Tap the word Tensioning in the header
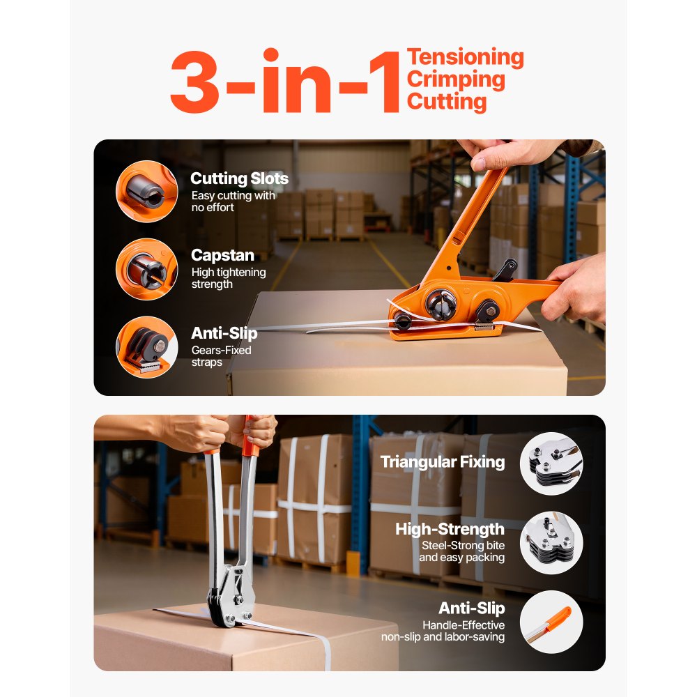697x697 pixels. (465, 57)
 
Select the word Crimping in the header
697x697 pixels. (456, 79)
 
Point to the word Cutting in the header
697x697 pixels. (447, 102)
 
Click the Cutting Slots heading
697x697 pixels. (239, 178)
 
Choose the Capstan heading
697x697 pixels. (222, 255)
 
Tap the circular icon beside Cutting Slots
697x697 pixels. (146, 191)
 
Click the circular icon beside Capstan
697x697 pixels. (146, 269)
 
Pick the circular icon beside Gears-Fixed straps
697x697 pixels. (146, 347)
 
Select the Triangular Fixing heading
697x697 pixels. (443, 461)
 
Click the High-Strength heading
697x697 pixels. (450, 529)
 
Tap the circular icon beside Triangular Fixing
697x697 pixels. (551, 464)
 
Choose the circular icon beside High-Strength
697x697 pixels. (551, 543)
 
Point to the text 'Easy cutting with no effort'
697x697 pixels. (233, 201)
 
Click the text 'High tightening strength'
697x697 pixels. (229, 278)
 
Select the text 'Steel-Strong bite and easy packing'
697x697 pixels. (461, 551)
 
